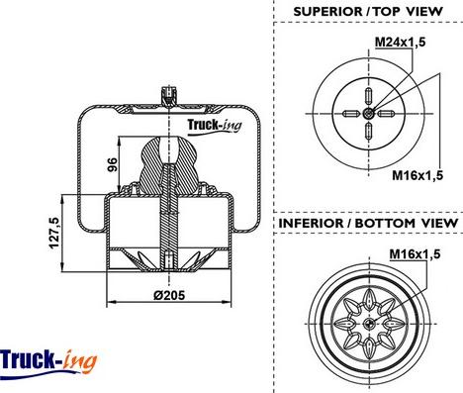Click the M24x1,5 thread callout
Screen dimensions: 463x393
(x=400, y=42)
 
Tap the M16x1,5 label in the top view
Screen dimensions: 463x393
(x=417, y=175)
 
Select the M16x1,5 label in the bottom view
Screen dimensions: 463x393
(x=415, y=254)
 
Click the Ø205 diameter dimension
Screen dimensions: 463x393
(x=169, y=295)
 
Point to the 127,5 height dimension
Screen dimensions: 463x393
(x=54, y=233)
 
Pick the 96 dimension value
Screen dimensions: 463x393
(x=112, y=164)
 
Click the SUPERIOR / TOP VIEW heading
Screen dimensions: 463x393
(x=368, y=12)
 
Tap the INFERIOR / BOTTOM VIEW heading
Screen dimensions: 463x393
(x=368, y=223)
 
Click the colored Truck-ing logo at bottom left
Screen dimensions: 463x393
(x=48, y=361)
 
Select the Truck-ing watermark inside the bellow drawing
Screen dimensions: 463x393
(x=215, y=126)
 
